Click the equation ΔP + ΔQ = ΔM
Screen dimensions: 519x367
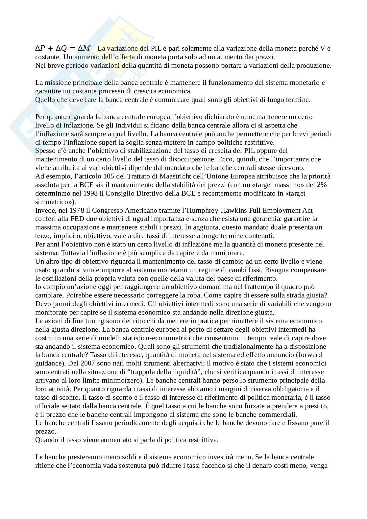click(62, 48)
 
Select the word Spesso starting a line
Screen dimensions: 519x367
click(45, 151)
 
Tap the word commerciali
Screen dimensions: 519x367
click(277, 414)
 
